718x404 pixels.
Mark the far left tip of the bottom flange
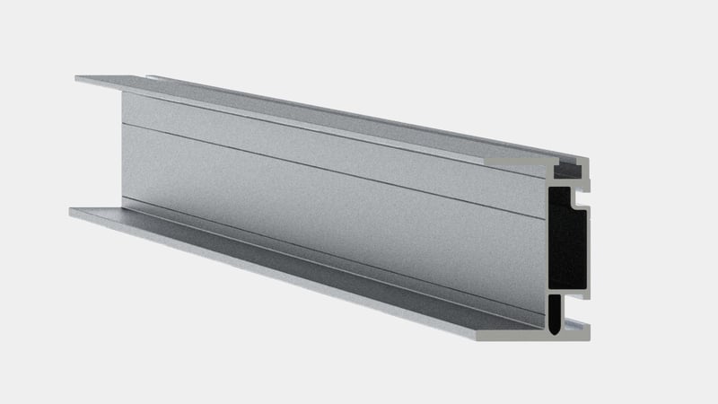[x=71, y=212]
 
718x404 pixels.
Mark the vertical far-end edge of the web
[x=122, y=144]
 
